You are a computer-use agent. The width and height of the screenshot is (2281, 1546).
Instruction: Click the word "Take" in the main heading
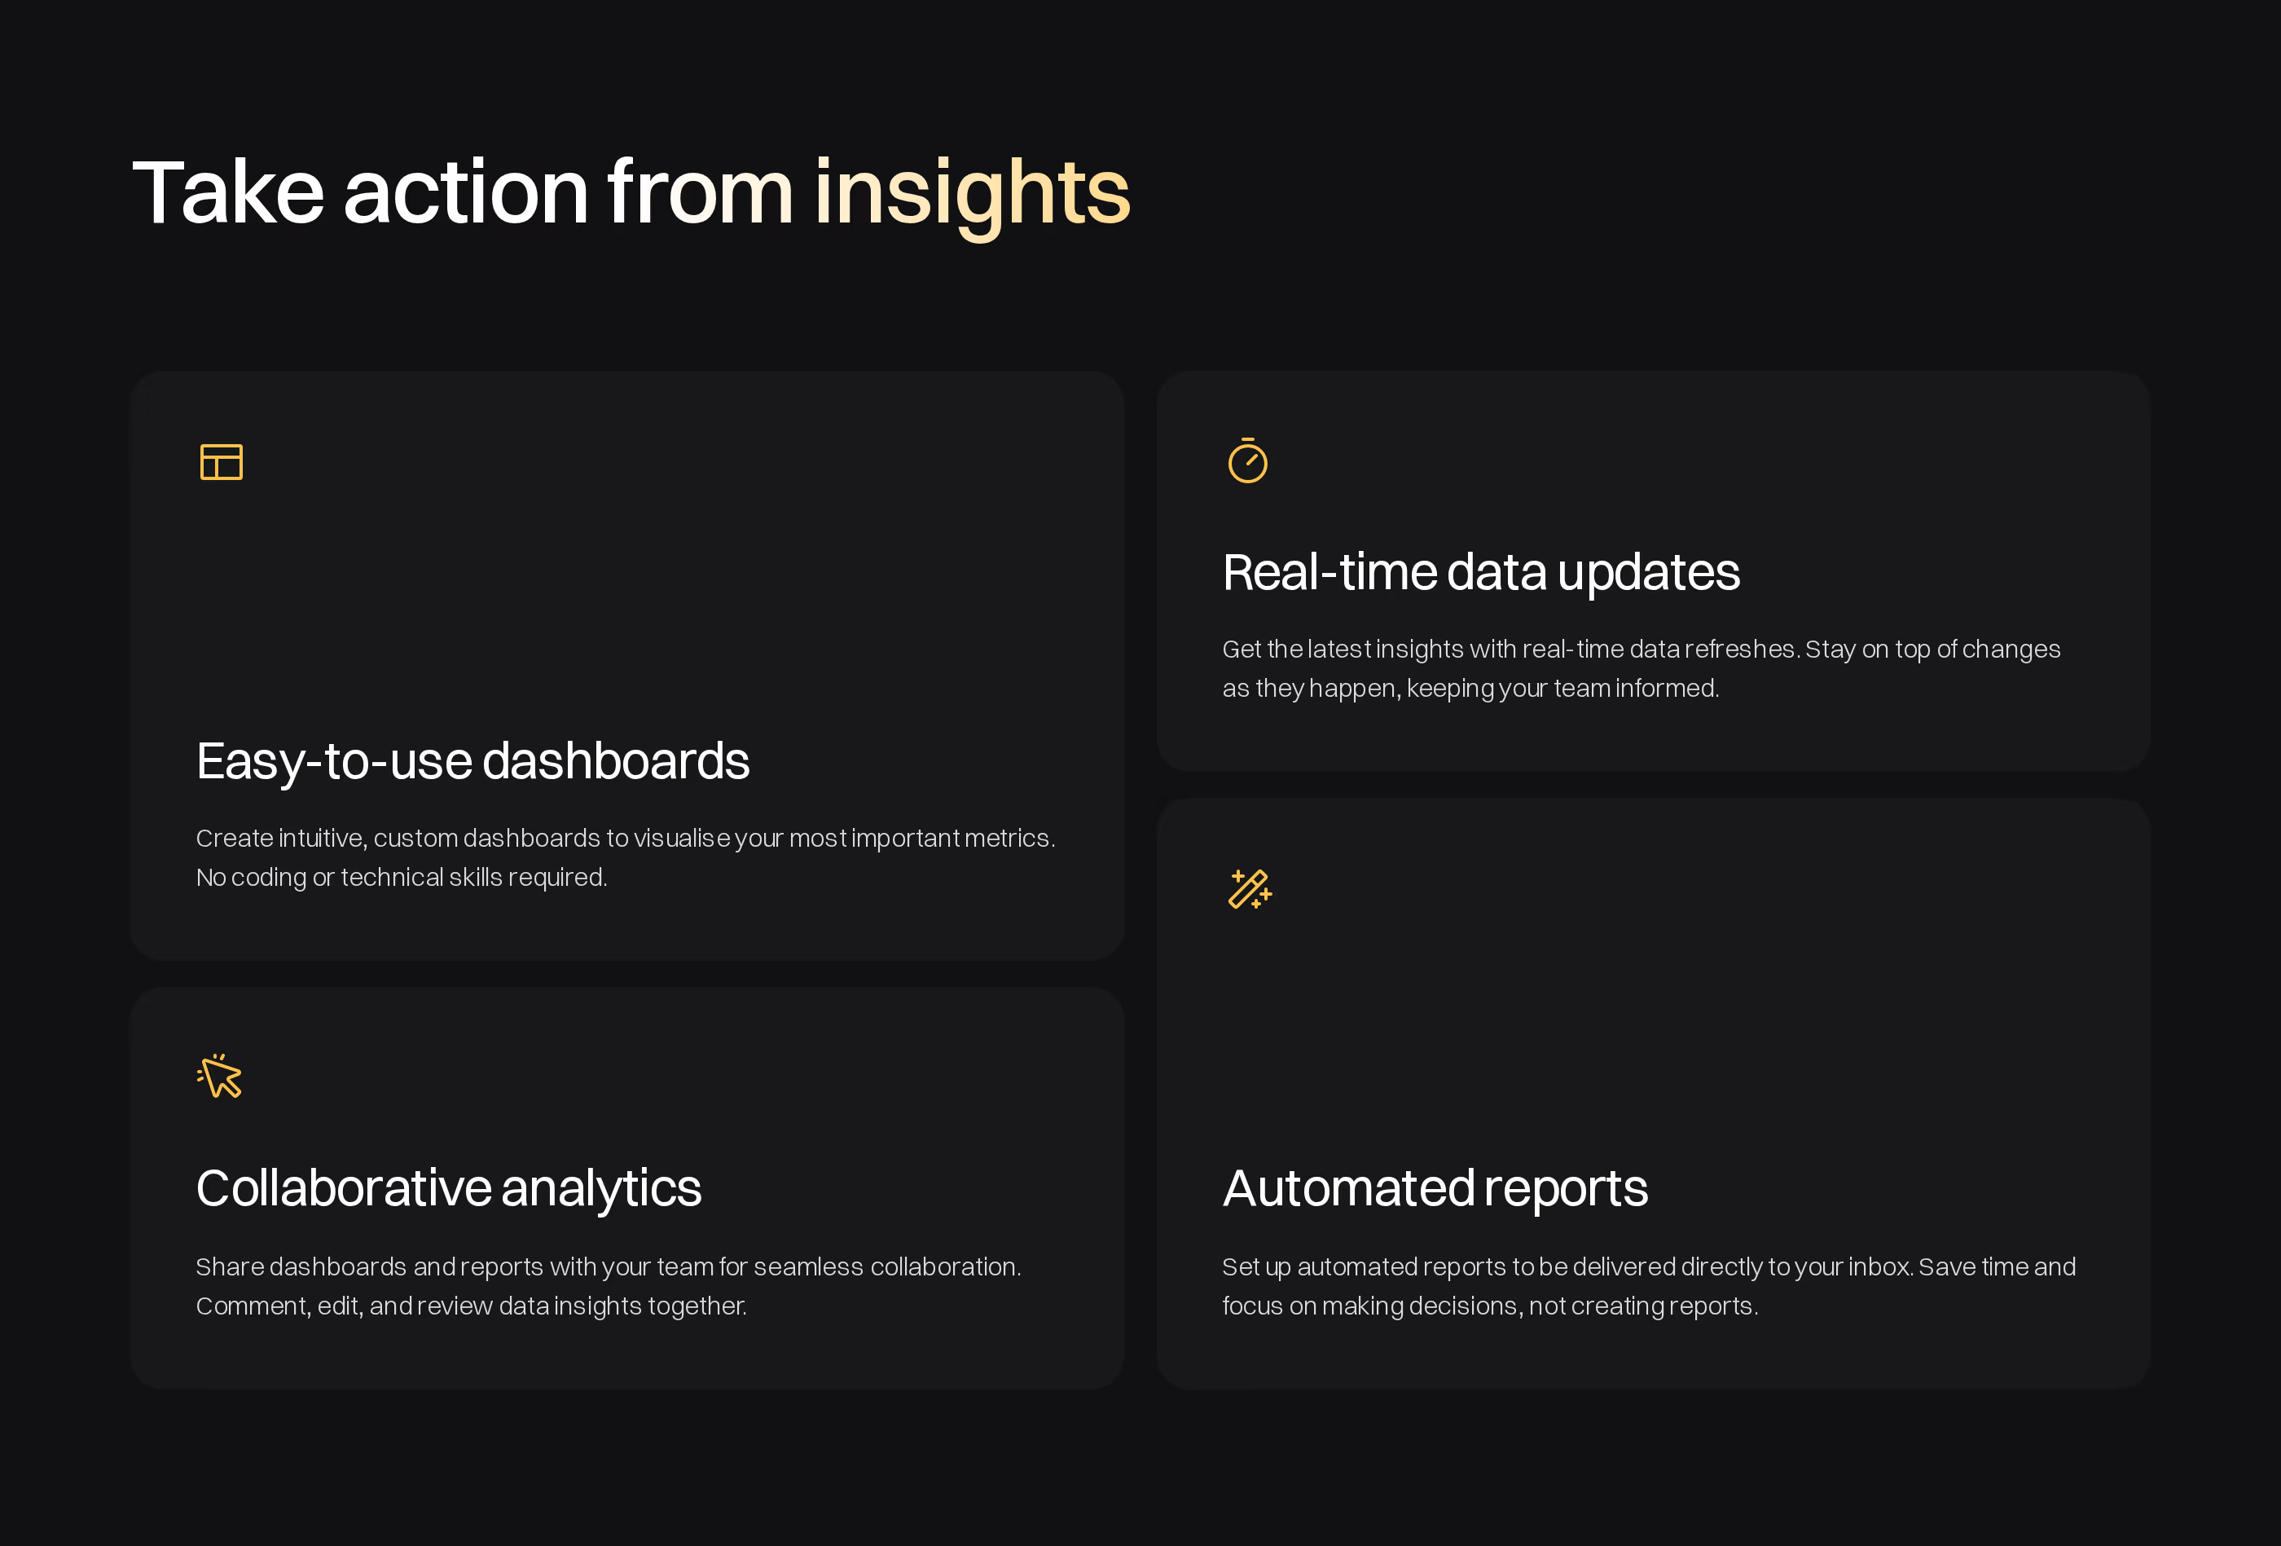click(228, 192)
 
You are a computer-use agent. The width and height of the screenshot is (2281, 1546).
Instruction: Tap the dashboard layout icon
click(221, 461)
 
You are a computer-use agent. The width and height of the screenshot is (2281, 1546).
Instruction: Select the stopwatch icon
click(1247, 460)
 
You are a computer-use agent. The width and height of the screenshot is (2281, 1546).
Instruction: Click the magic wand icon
click(1250, 889)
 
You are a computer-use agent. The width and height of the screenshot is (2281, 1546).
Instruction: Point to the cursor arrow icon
click(220, 1076)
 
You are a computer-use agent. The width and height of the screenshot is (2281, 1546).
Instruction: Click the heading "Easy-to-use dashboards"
click(472, 762)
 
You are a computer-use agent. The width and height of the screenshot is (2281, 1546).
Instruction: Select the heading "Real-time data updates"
click(1481, 572)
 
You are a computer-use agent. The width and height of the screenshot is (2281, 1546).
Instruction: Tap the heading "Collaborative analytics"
click(449, 1189)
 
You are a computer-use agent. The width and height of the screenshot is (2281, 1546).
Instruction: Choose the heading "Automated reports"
click(1435, 1189)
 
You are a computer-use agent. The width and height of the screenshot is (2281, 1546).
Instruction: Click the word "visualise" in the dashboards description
click(681, 839)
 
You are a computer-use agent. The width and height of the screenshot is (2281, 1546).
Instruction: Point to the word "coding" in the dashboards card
click(268, 878)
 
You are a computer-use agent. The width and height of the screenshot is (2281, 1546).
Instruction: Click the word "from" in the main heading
click(700, 192)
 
